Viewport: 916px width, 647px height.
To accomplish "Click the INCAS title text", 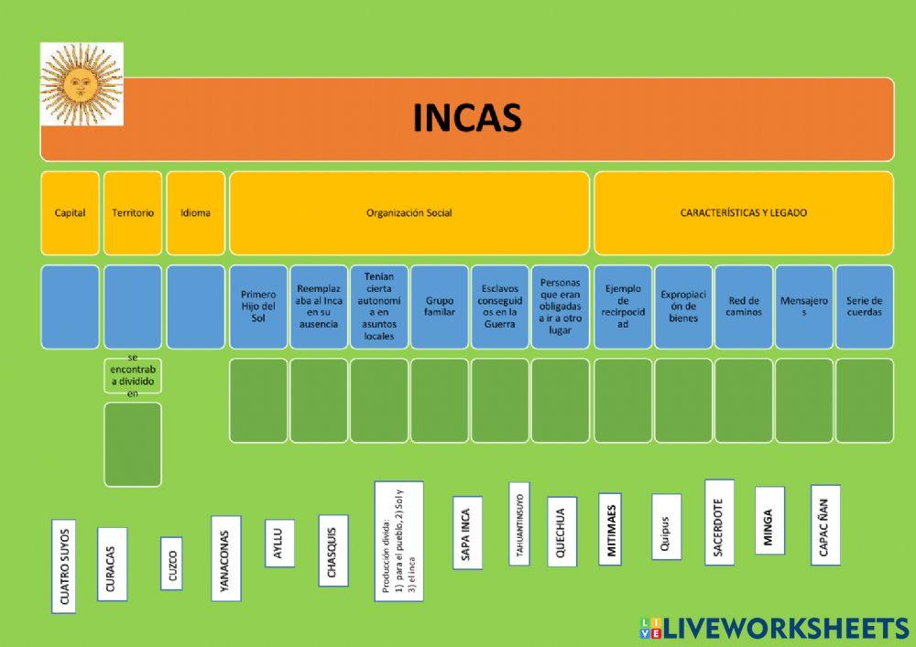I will pyautogui.click(x=467, y=117).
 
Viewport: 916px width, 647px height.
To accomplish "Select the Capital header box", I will pyautogui.click(x=70, y=212).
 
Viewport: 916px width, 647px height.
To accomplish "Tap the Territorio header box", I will pyautogui.click(x=133, y=212).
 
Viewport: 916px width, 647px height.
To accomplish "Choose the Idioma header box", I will pyautogui.click(x=195, y=212).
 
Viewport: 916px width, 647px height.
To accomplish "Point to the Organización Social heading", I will pyautogui.click(x=409, y=212).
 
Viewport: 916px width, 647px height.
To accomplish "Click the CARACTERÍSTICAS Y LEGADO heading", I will pyautogui.click(x=743, y=212).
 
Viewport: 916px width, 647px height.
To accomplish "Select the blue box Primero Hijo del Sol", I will pyautogui.click(x=257, y=307).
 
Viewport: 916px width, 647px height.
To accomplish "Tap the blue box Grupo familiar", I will pyautogui.click(x=439, y=307).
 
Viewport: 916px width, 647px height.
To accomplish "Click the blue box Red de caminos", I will pyautogui.click(x=743, y=307).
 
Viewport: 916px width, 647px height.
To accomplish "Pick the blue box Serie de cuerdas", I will pyautogui.click(x=864, y=307).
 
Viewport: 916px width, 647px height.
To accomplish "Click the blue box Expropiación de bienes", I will pyautogui.click(x=682, y=307).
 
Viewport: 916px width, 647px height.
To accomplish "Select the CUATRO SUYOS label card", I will pyautogui.click(x=63, y=566).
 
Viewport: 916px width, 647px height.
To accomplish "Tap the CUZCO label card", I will pyautogui.click(x=171, y=563).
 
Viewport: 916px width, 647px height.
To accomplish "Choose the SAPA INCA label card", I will pyautogui.click(x=466, y=533).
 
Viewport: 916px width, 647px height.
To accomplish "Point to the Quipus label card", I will pyautogui.click(x=666, y=526).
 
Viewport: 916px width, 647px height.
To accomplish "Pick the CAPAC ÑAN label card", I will pyautogui.click(x=824, y=525).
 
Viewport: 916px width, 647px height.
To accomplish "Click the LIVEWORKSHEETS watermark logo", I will pyautogui.click(x=774, y=628).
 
